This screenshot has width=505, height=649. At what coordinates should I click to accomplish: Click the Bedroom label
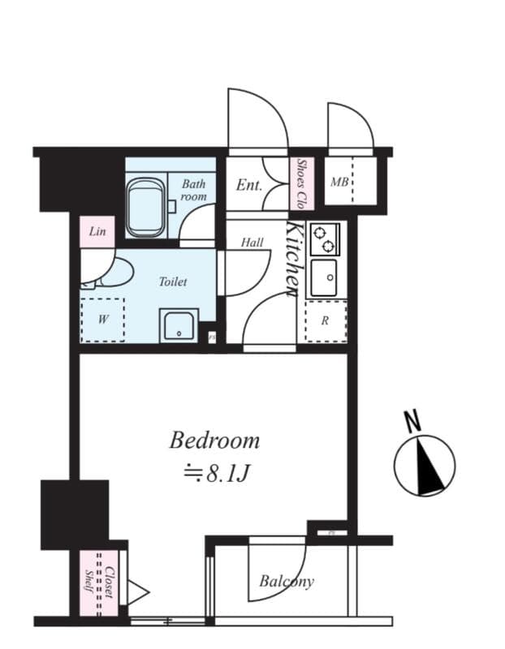pos(214,441)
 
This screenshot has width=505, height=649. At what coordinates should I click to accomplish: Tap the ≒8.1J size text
pos(214,473)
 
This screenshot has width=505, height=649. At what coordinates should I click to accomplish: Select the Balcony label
pos(287,581)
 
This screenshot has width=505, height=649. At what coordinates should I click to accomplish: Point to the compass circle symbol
pos(425,465)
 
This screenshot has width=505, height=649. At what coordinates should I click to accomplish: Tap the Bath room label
pos(194,191)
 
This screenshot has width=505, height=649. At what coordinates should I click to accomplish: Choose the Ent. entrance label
pos(249,185)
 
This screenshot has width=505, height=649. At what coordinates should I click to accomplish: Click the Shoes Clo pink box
pos(301,183)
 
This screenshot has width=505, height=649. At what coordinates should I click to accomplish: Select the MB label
pos(339,182)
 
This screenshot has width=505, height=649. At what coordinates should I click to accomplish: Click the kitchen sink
pos(325,277)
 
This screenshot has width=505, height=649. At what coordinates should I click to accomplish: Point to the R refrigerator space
pos(325,320)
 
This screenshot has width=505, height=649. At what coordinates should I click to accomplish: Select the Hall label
pos(252,243)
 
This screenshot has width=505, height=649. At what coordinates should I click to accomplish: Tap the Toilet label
pos(172,282)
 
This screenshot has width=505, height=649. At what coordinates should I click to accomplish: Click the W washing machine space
pos(103,320)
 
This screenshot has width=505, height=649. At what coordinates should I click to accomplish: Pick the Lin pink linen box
pos(97,231)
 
